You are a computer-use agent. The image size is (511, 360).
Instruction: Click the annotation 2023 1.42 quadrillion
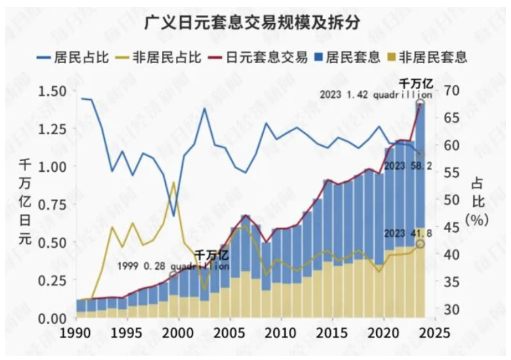[375, 95]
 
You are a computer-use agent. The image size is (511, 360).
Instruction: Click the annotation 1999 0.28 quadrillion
[173, 266]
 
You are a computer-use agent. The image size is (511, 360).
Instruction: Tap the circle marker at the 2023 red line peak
[420, 103]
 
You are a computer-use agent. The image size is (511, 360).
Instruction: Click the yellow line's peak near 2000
[173, 182]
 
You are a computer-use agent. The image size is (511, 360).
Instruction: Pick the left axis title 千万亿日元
[25, 203]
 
